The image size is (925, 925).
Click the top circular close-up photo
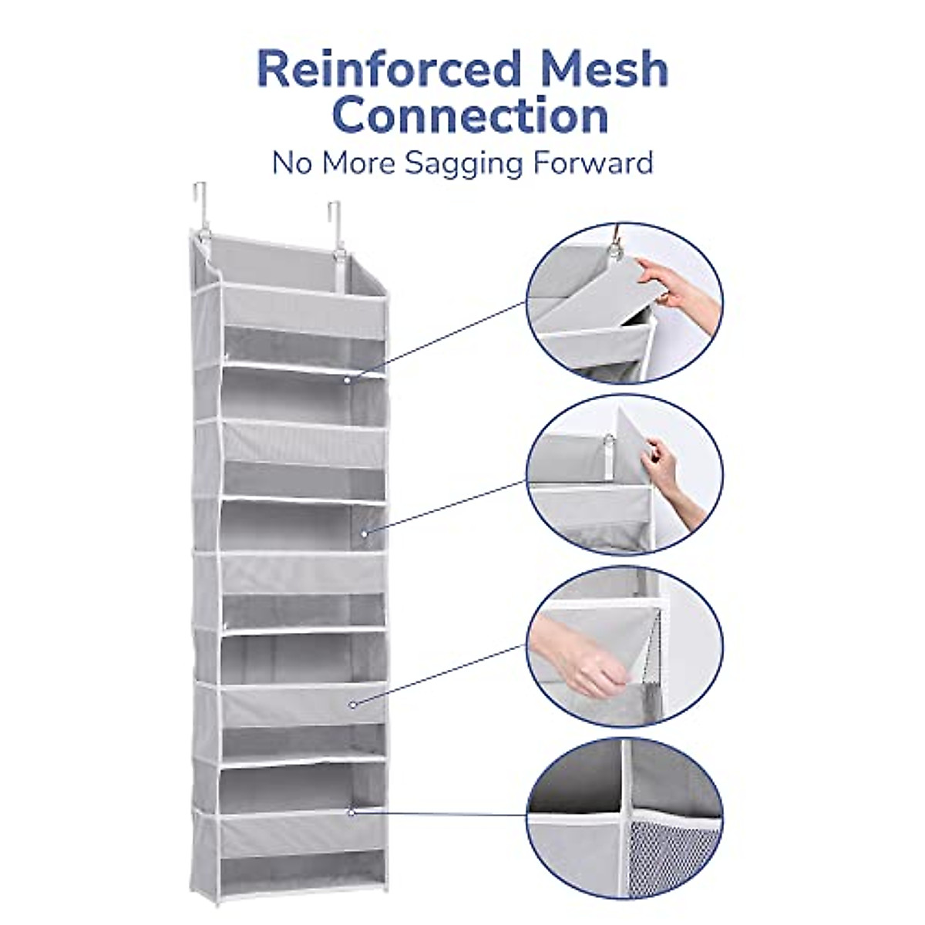624,302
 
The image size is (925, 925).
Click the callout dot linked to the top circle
348,379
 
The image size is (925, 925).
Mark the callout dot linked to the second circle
365,532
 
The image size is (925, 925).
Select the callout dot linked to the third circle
352,703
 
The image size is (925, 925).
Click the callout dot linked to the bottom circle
351,812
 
